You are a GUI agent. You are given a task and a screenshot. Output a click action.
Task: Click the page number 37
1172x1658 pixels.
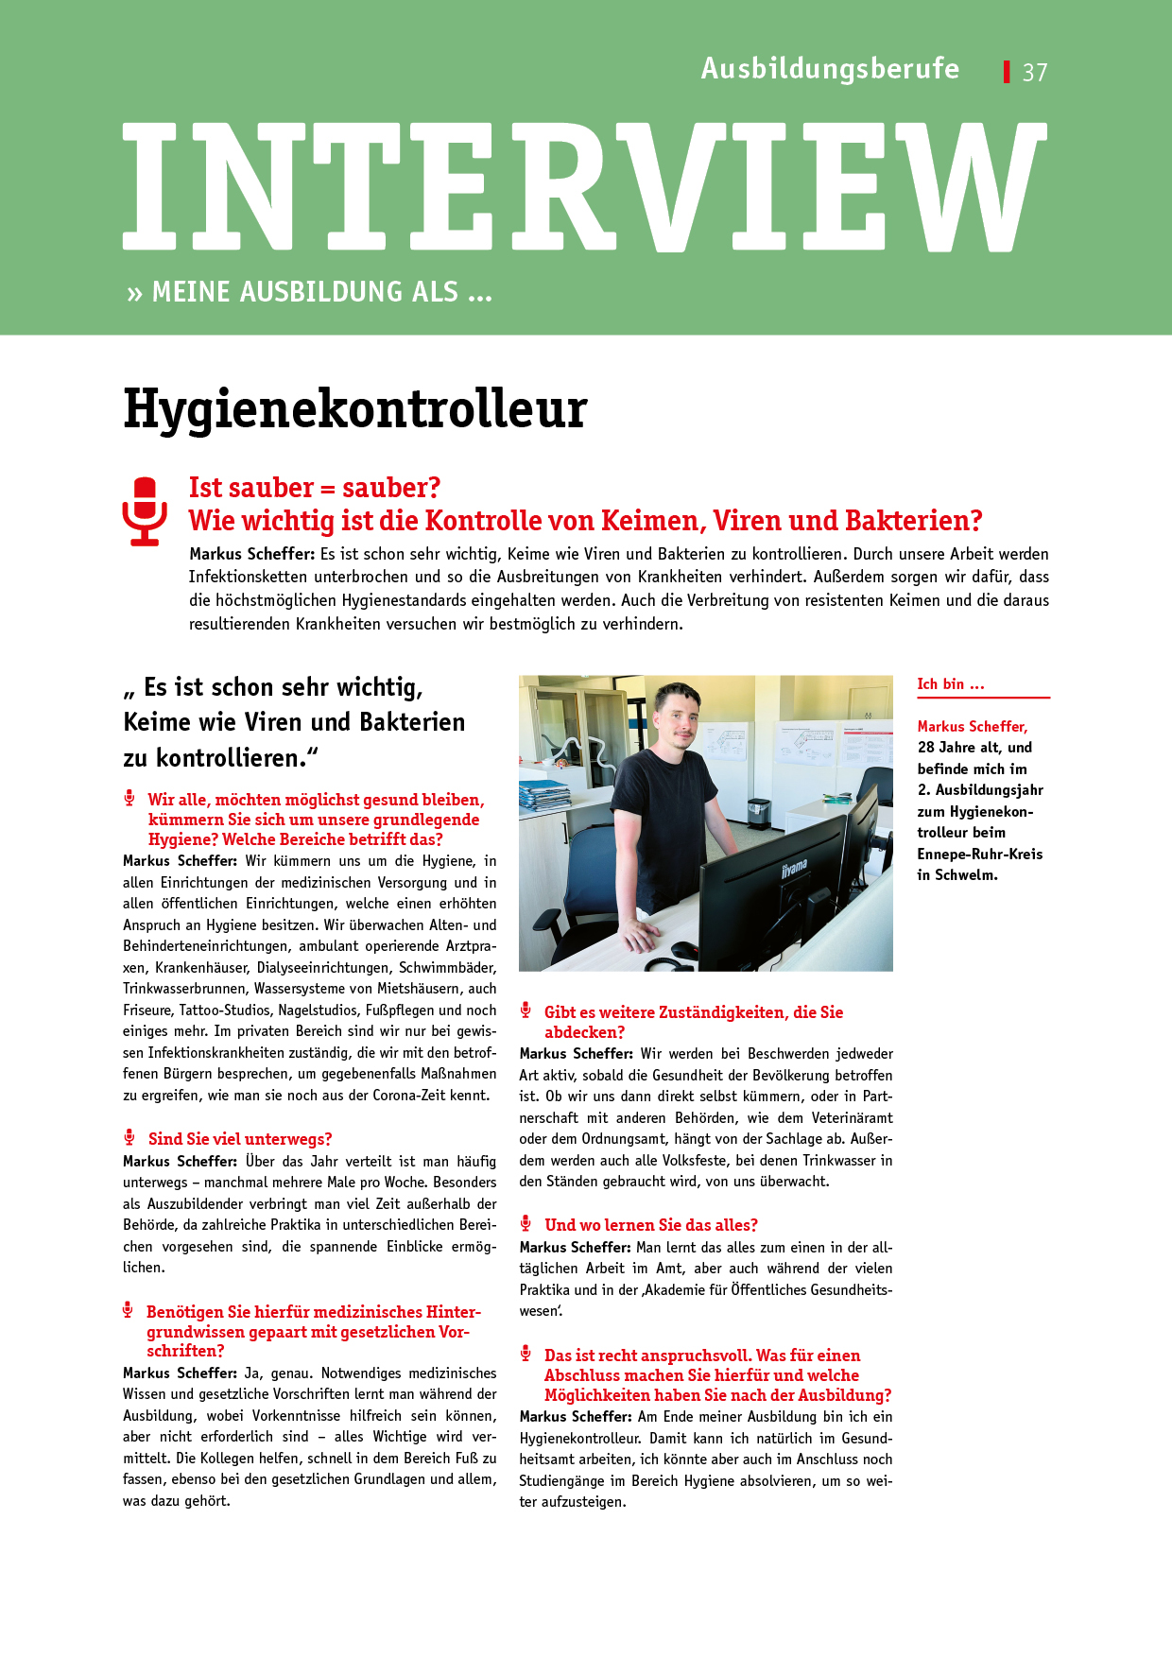(1035, 73)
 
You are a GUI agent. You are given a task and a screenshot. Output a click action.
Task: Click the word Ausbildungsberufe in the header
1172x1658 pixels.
(830, 69)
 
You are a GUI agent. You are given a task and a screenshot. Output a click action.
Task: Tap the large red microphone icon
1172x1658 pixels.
(145, 511)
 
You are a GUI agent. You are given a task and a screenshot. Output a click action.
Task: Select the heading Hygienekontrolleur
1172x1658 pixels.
(355, 409)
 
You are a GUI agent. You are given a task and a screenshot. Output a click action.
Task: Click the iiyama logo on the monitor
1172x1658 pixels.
(794, 867)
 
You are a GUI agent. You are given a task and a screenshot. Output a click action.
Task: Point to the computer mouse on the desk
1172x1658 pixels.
(684, 949)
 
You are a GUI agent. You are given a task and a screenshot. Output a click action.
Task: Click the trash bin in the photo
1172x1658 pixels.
(758, 812)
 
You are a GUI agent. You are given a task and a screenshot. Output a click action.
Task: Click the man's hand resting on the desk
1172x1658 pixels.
(644, 936)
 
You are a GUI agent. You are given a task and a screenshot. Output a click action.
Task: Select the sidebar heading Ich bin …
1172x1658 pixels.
(951, 684)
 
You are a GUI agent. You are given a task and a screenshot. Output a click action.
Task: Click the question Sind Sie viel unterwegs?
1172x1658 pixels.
(240, 1139)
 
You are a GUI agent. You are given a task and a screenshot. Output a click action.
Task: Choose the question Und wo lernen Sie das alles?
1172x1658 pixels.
(651, 1225)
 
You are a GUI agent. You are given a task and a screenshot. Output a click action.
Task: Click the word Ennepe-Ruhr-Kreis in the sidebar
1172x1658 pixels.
(979, 855)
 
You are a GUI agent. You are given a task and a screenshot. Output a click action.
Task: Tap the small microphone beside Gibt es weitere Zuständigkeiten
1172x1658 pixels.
(526, 1010)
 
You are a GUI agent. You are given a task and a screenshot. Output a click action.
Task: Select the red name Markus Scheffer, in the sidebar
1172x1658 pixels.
(972, 727)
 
